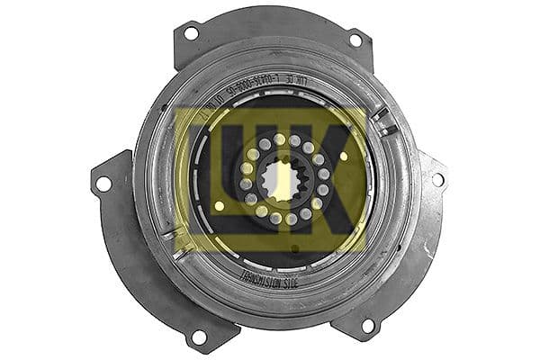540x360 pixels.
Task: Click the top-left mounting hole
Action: coord(191,33)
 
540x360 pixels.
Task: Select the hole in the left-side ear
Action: coord(103,184)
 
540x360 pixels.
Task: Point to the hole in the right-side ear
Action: coord(438,180)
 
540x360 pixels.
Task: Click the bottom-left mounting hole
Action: coord(199,337)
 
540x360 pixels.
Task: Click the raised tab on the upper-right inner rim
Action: coord(383,121)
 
